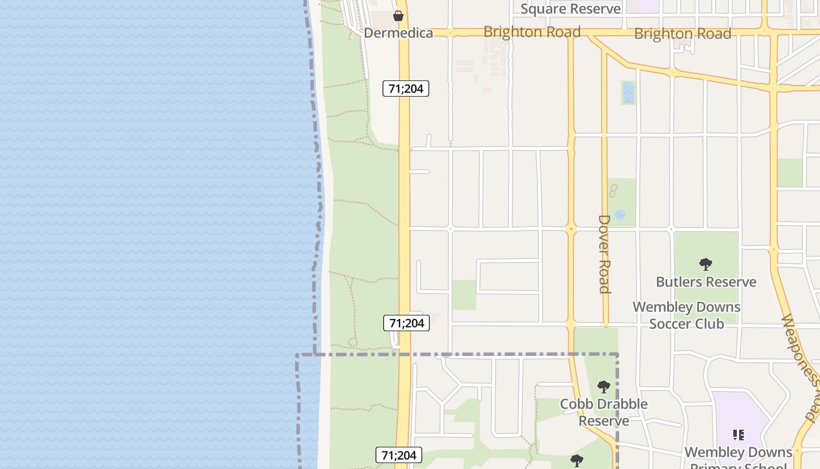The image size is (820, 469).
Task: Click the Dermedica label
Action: point(398,33)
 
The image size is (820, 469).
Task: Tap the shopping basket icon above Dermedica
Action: point(398,16)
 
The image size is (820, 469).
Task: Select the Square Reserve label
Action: point(570,9)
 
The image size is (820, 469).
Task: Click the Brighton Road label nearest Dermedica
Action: point(532,32)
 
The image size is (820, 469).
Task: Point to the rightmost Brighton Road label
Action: point(683,33)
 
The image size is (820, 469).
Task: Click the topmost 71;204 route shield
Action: point(406,89)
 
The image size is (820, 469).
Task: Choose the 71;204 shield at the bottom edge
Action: point(399,456)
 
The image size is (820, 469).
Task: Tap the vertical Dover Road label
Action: point(604,254)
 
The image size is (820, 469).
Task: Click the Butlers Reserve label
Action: point(706,282)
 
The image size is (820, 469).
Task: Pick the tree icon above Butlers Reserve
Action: point(706,264)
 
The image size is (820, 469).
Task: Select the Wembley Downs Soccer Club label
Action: point(686,315)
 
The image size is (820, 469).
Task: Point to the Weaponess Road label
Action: point(801,368)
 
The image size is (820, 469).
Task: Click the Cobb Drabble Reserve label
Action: point(604,412)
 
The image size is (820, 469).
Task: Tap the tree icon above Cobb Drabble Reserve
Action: point(604,387)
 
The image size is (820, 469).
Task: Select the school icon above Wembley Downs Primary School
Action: point(739,435)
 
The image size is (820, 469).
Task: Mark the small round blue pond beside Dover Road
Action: point(620,215)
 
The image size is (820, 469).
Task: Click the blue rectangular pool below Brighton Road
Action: point(628,93)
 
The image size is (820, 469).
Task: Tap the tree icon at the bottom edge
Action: point(577,461)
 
